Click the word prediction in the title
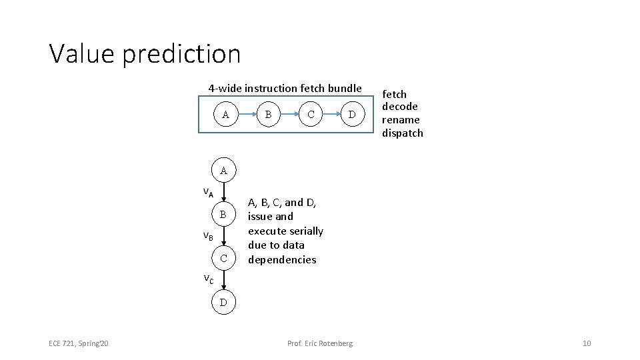(181, 55)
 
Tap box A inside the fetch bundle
(226, 115)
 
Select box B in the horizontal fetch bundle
(268, 115)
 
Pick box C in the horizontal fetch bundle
(310, 115)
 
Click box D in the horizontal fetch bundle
(352, 115)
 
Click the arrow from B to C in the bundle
(289, 115)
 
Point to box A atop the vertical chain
(224, 171)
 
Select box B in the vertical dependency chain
(224, 215)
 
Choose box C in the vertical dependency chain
(224, 258)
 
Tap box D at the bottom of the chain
(224, 303)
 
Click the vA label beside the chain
(208, 193)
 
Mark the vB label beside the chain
(208, 236)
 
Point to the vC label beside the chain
(208, 279)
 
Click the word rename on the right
(401, 120)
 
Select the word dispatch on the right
(402, 133)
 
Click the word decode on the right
(400, 107)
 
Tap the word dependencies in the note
(282, 259)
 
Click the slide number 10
(587, 343)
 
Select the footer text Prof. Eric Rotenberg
(320, 343)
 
